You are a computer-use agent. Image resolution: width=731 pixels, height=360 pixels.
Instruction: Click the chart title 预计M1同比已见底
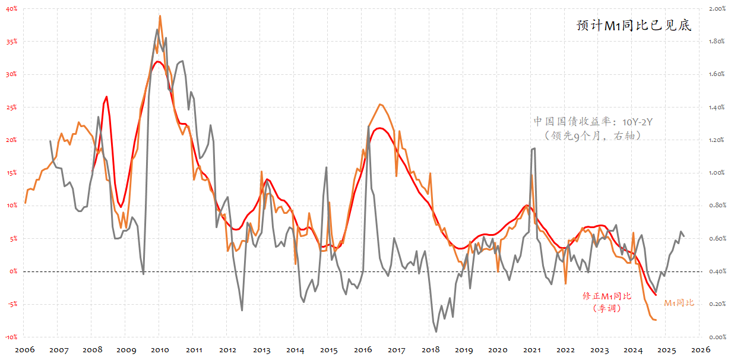click(634, 26)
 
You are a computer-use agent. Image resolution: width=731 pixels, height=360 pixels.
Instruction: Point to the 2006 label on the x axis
click(24, 350)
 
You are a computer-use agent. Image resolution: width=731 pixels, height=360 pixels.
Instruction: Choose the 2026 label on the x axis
click(700, 350)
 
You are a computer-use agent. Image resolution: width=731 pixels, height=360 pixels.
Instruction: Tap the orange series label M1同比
click(678, 303)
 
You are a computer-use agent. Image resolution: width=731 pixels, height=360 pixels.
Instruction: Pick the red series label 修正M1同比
click(607, 296)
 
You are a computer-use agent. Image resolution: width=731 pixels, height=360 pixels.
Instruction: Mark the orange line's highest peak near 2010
click(160, 16)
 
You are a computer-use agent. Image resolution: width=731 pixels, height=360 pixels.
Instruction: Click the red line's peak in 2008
click(107, 96)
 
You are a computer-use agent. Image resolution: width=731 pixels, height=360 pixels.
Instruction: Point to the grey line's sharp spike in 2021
click(533, 149)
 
